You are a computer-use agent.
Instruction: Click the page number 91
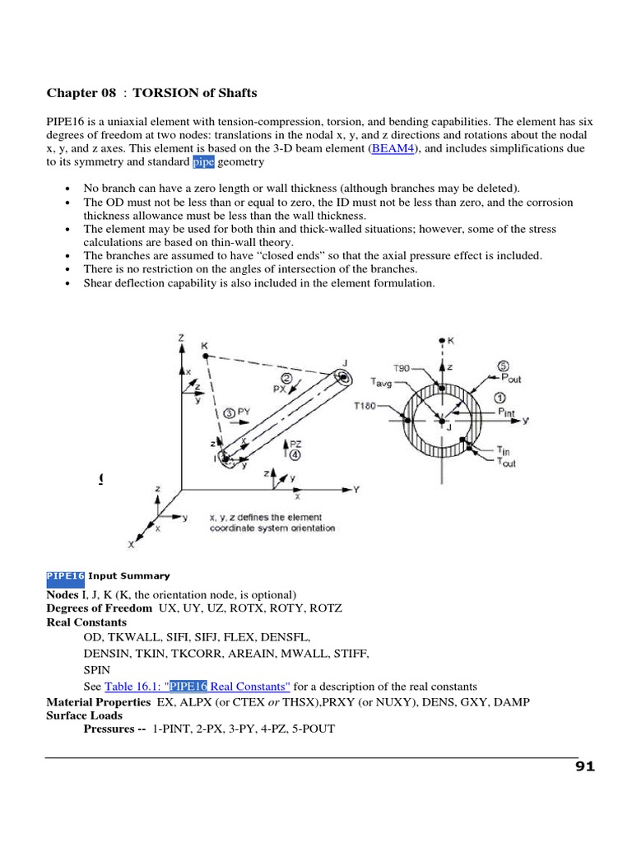click(x=584, y=767)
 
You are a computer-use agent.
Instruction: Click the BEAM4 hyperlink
click(x=394, y=148)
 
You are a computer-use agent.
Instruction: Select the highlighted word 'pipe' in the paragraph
click(x=203, y=162)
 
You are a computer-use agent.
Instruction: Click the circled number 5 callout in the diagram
click(x=503, y=366)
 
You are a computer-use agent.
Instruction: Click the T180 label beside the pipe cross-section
click(x=365, y=407)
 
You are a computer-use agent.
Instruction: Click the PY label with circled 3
click(x=243, y=411)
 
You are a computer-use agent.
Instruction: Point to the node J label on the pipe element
click(x=344, y=362)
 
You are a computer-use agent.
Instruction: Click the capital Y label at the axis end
click(x=356, y=489)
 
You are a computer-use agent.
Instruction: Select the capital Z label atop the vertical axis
click(x=179, y=338)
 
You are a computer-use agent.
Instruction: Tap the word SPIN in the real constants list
click(x=97, y=669)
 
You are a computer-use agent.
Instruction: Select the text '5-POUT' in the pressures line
click(x=315, y=729)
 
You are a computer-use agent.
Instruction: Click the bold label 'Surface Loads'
click(x=84, y=715)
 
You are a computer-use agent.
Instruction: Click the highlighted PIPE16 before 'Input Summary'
click(x=65, y=576)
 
